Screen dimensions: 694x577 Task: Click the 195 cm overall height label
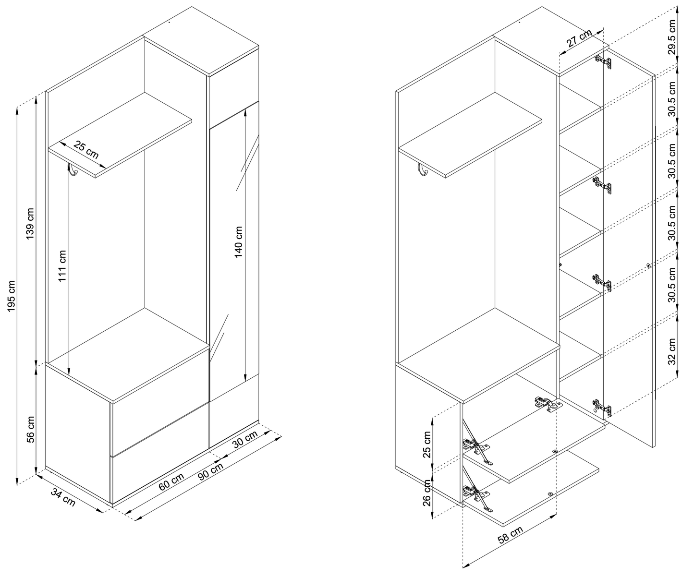pos(12,296)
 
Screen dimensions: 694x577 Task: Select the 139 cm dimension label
pos(30,224)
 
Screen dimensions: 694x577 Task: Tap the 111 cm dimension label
pos(62,266)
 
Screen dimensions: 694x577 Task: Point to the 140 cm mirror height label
pos(239,242)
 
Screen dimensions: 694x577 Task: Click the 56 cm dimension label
pos(30,429)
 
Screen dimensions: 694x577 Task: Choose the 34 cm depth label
pos(63,497)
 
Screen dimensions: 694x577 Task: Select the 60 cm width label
pos(171,481)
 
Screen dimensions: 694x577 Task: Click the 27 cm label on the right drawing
pos(579,38)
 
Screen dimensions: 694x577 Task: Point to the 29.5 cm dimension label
pos(672,37)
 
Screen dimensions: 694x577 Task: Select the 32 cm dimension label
pos(672,351)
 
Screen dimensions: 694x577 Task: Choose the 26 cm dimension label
pos(427,493)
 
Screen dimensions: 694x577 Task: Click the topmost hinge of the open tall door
pos(603,62)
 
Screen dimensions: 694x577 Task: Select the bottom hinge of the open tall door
pos(602,408)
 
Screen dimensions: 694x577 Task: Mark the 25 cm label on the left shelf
pos(86,150)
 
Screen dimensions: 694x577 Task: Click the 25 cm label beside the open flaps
pos(427,445)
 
